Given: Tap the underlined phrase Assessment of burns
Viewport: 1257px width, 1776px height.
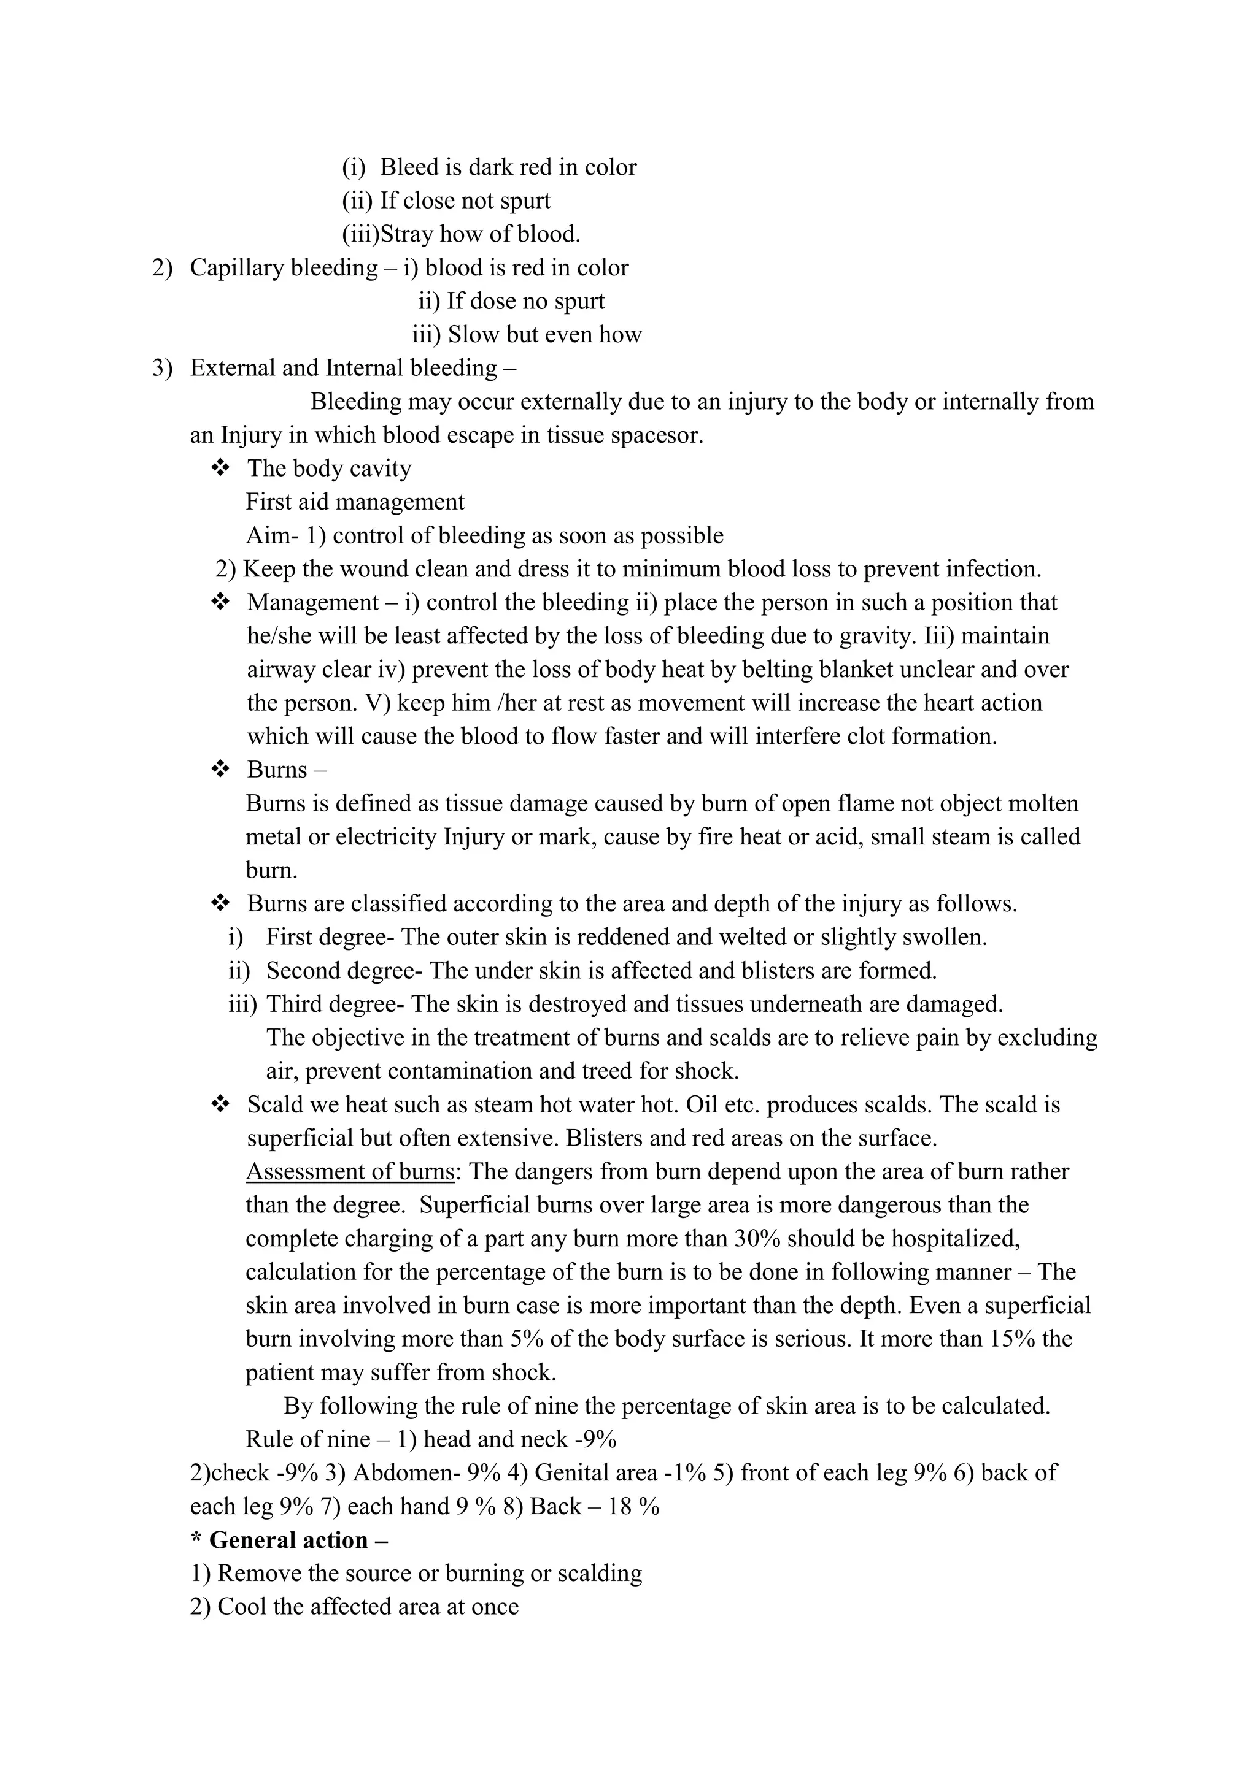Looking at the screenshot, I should (x=350, y=1172).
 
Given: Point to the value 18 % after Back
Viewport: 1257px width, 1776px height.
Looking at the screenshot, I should (x=634, y=1506).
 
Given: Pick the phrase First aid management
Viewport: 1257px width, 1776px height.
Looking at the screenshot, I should (x=355, y=502).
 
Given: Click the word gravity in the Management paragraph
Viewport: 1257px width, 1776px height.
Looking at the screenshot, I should (x=878, y=636).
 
